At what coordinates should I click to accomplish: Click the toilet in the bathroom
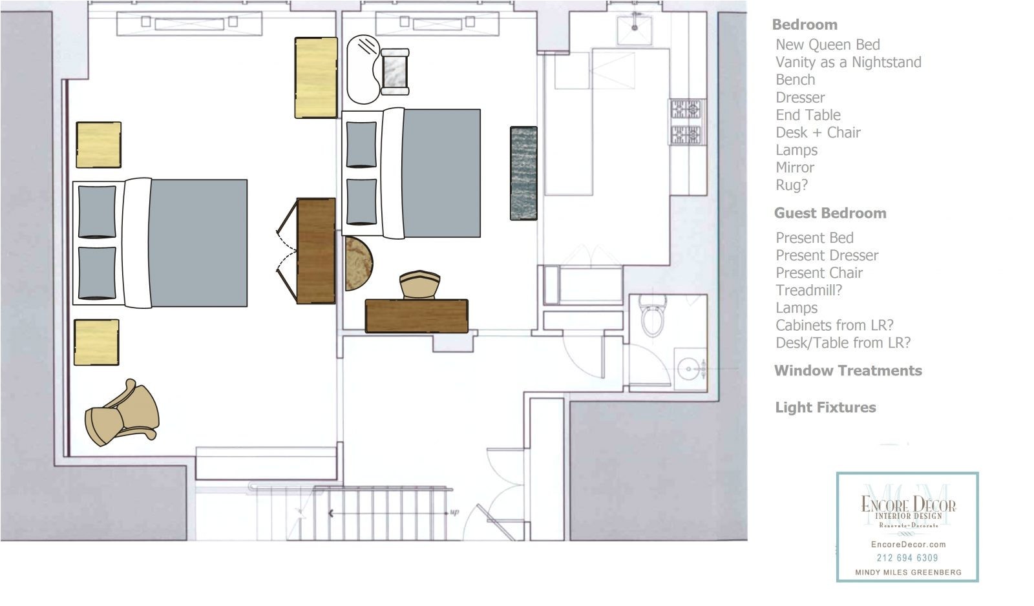(652, 316)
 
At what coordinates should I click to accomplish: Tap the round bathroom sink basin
(688, 369)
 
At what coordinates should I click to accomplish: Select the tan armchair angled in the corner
(122, 413)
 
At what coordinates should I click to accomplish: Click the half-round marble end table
(359, 264)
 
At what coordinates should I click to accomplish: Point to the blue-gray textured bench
(523, 173)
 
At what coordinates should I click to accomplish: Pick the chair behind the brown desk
(419, 285)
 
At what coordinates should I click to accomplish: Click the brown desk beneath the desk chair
(416, 316)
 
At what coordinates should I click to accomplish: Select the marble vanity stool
(395, 72)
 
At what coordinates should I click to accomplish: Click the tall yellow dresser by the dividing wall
(316, 78)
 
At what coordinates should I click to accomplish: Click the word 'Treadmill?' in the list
(808, 290)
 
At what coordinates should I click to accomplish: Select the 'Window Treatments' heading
(848, 371)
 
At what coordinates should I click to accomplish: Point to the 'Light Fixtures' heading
(825, 407)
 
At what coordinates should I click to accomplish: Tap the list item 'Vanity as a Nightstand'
(849, 62)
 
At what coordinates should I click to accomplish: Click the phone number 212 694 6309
(907, 558)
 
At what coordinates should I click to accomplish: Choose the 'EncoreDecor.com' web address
(909, 545)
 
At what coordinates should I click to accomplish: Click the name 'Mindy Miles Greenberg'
(909, 572)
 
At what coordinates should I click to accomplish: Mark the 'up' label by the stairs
(454, 512)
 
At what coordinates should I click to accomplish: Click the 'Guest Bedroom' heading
(830, 213)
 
